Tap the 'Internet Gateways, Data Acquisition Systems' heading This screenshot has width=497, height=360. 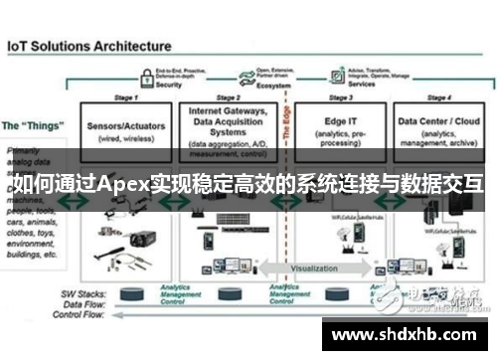226,122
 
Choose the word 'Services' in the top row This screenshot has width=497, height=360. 362,86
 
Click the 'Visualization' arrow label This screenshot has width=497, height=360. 314,268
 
